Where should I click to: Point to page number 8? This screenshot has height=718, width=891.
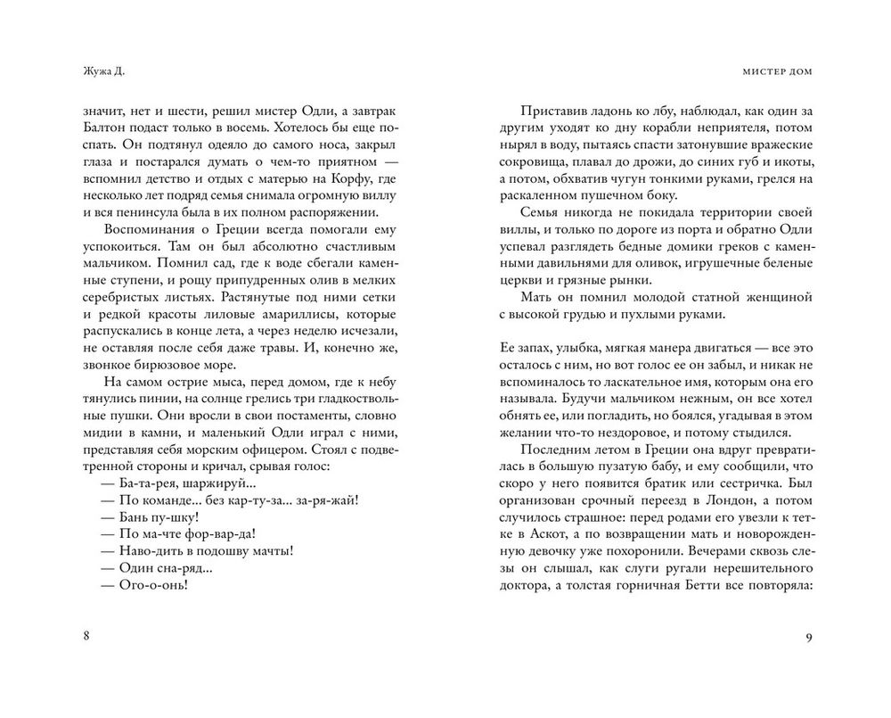(x=85, y=636)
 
